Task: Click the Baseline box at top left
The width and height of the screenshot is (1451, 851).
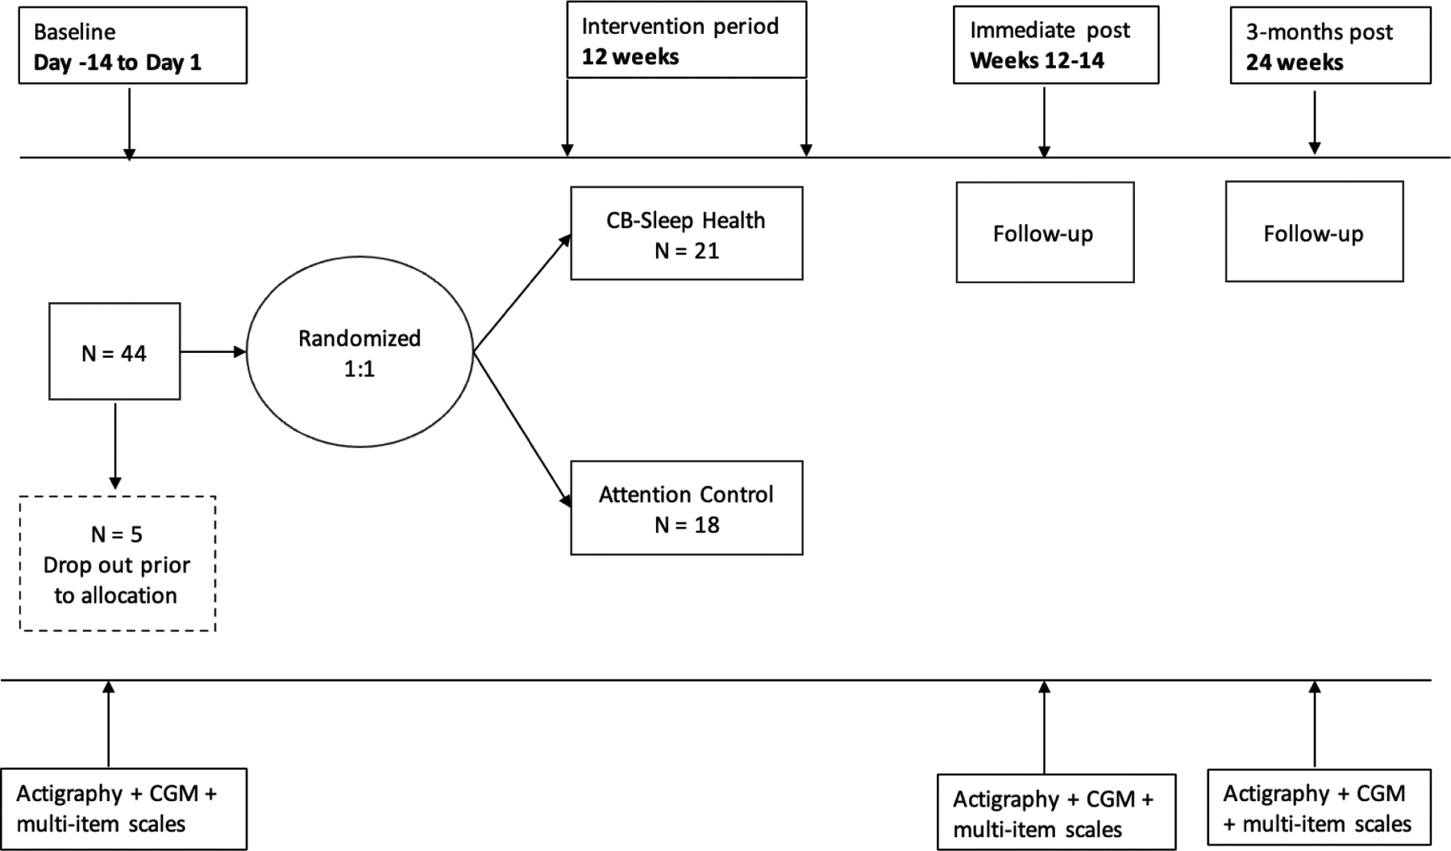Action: click(132, 46)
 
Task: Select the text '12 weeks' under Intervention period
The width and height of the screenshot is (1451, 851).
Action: click(630, 57)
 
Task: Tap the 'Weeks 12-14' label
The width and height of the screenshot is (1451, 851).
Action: click(1037, 60)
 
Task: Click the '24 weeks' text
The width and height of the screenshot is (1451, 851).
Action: click(1294, 63)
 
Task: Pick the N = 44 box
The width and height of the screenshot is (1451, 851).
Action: click(114, 352)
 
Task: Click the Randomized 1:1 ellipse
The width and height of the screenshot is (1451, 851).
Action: click(359, 352)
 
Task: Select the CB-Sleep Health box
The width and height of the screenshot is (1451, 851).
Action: click(686, 234)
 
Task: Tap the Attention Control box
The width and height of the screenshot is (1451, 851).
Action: click(686, 508)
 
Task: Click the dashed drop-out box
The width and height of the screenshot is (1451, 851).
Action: click(118, 563)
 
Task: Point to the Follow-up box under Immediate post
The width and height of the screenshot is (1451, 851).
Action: click(1045, 233)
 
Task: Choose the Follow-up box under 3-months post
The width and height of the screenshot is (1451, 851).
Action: click(1314, 232)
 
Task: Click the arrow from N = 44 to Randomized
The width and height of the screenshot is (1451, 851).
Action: click(213, 352)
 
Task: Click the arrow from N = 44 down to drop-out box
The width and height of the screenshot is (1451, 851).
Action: click(115, 445)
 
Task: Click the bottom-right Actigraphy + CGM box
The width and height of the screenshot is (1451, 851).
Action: click(1319, 808)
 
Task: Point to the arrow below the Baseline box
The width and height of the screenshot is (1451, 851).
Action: click(129, 121)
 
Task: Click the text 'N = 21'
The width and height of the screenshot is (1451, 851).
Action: click(686, 251)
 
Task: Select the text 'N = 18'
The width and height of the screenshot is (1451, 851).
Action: click(686, 525)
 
